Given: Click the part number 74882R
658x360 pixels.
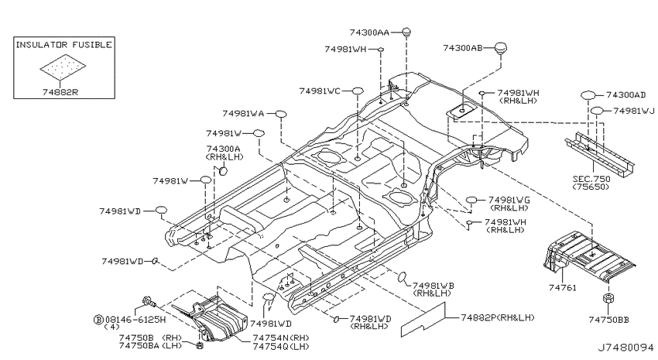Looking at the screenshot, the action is [60, 92].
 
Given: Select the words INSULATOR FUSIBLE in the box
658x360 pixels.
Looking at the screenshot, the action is [63, 44].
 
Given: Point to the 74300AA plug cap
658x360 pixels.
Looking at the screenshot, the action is [406, 32].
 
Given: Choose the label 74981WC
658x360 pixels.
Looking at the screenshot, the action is [320, 91].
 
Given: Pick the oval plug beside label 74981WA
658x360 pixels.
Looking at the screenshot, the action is [281, 114].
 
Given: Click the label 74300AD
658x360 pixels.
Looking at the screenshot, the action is [625, 95].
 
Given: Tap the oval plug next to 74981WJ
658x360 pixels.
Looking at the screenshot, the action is [598, 111].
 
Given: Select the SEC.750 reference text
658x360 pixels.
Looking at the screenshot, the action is [591, 179].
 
